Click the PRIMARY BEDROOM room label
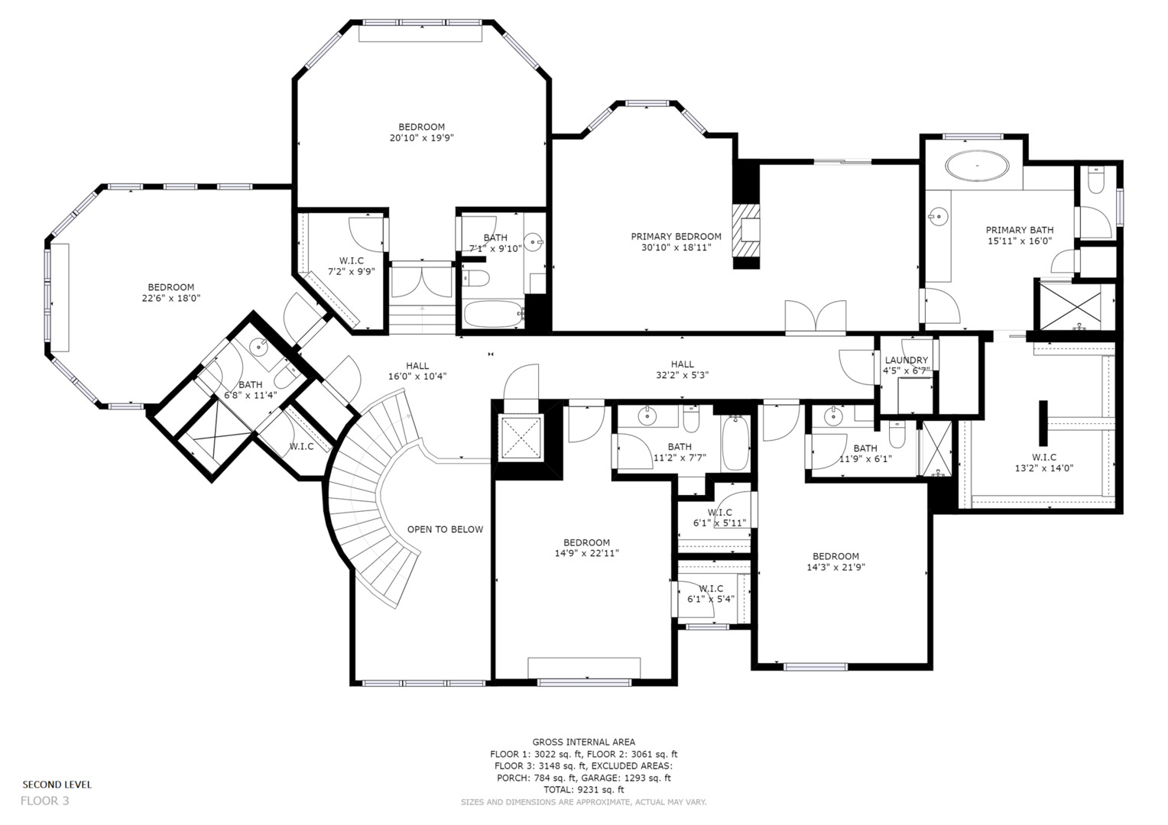[676, 237]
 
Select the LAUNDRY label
[906, 361]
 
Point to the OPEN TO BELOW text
[445, 529]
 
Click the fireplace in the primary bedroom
[746, 231]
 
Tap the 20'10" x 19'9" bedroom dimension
[421, 138]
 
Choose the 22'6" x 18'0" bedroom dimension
[170, 299]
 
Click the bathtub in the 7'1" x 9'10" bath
[494, 314]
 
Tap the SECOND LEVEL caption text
[57, 785]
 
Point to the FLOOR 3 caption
[44, 801]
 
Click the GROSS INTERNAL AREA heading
[583, 742]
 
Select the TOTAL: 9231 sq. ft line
[583, 790]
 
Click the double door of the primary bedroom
[815, 317]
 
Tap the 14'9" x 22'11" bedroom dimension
[586, 553]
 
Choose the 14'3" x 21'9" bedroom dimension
[835, 567]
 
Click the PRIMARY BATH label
[1019, 230]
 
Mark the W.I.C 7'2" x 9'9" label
[351, 266]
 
